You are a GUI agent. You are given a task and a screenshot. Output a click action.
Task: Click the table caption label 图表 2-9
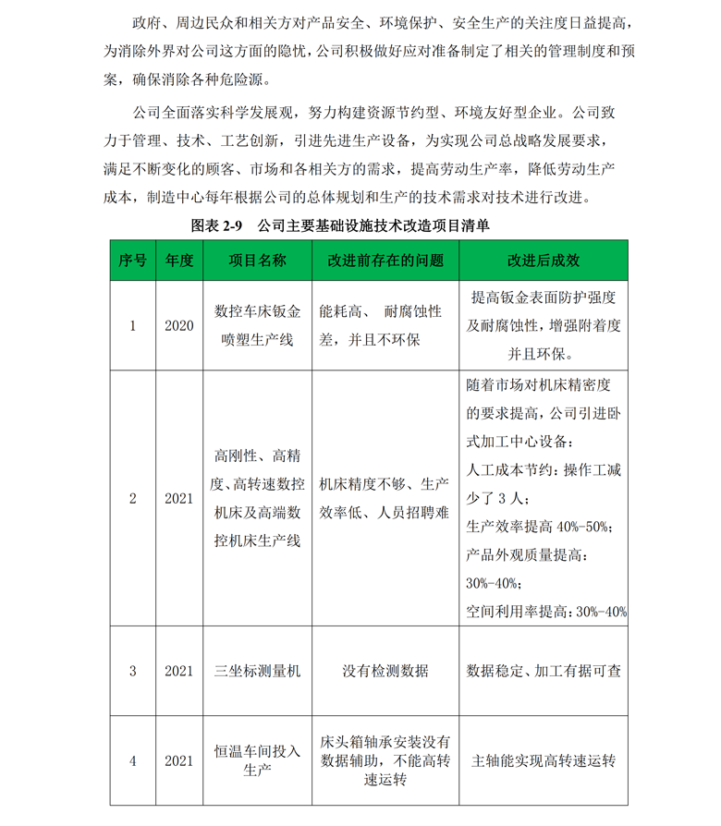[x=216, y=225]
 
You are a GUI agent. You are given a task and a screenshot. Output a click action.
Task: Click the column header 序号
[x=132, y=261]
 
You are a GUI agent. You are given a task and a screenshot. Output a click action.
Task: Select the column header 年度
[x=178, y=261]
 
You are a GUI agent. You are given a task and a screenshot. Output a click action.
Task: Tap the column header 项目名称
[x=257, y=261]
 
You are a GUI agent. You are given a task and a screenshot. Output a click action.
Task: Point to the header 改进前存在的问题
[x=385, y=261]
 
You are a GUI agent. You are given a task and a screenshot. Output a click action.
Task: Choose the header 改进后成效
[x=543, y=261]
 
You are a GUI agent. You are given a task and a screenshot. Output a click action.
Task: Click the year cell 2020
[x=178, y=325]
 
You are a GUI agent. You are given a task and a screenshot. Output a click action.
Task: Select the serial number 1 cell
[x=132, y=325]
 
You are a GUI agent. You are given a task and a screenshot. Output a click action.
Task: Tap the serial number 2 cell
[x=132, y=498]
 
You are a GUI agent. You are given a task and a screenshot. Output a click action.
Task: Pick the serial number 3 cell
[x=132, y=671]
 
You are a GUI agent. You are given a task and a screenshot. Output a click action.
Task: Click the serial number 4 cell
[x=132, y=760]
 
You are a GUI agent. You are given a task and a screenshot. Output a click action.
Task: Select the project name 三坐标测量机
[x=257, y=671]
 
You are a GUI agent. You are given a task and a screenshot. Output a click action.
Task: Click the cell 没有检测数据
[x=385, y=671]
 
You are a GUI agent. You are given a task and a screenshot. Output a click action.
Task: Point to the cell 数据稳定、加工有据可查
[x=543, y=671]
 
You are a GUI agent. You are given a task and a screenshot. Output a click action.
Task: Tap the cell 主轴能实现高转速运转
[x=543, y=760]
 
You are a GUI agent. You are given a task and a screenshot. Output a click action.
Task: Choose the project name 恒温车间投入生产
[x=257, y=760]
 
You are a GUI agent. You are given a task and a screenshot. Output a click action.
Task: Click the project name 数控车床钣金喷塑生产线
[x=257, y=325]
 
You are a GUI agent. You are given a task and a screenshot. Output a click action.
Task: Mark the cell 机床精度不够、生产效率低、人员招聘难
[x=385, y=498]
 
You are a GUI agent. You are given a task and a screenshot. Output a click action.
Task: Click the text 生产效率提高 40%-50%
[x=540, y=526]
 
